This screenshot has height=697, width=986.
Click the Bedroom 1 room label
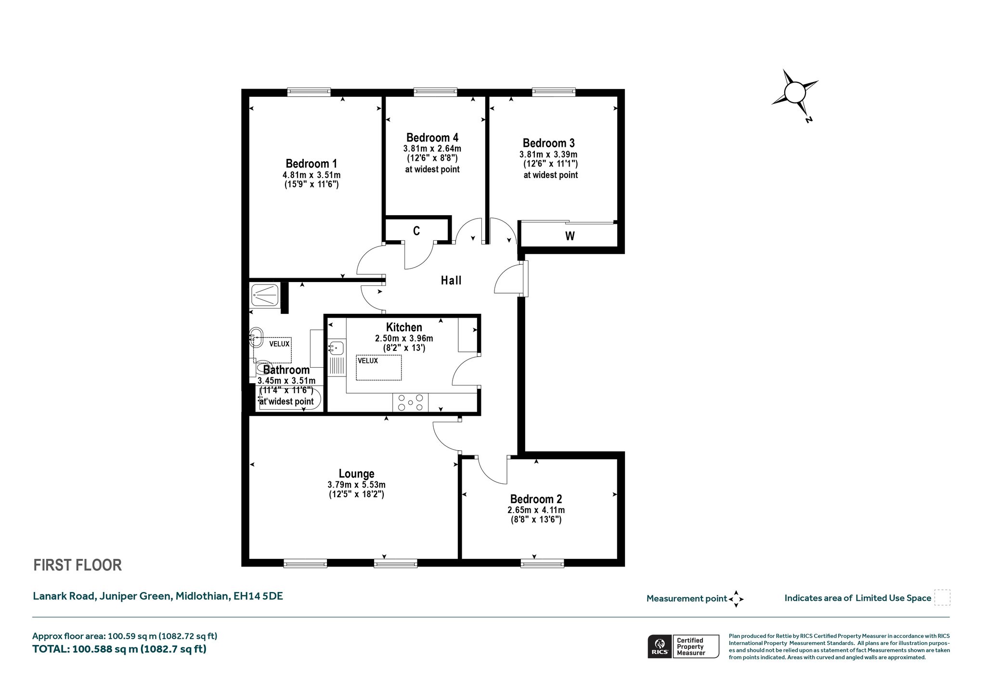(x=311, y=164)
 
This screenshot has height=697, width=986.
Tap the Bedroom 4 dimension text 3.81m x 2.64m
(x=432, y=149)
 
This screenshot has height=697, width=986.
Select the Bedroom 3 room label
(x=549, y=143)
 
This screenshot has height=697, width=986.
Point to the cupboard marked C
(x=416, y=231)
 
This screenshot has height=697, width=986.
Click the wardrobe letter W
(x=570, y=236)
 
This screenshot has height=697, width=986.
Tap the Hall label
(x=451, y=280)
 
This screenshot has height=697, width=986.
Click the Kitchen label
(x=404, y=327)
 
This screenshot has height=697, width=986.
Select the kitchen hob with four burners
(x=410, y=402)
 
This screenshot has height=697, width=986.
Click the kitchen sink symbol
(x=336, y=348)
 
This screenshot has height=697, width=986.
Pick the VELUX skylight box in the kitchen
(x=379, y=367)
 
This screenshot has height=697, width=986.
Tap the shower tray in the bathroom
(x=263, y=294)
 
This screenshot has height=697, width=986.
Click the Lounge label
(x=356, y=474)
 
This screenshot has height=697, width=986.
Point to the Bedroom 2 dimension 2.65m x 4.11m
(x=536, y=510)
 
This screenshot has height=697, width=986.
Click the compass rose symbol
(x=794, y=93)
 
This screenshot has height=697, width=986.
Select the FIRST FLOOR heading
(x=78, y=565)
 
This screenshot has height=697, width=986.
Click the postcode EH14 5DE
(x=258, y=596)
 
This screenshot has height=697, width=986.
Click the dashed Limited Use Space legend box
(x=942, y=597)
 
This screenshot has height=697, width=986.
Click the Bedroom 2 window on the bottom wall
(x=543, y=563)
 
